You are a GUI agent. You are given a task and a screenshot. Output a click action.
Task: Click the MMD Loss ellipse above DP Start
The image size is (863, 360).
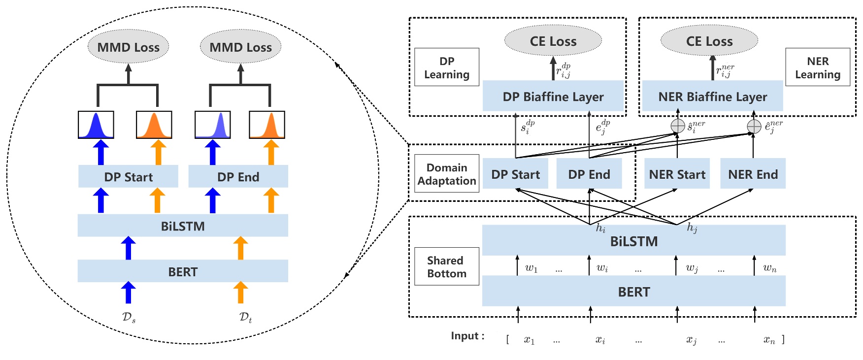coord(128,47)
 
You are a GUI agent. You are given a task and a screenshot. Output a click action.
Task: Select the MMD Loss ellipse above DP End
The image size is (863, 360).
coord(240,47)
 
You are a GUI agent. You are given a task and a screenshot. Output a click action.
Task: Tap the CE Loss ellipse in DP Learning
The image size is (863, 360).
coord(553,41)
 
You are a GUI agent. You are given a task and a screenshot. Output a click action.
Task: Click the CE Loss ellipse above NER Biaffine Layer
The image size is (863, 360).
coord(709,41)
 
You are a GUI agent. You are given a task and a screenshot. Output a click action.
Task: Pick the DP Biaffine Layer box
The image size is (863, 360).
coord(553,96)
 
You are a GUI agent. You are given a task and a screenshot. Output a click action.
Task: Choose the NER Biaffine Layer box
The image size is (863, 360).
coord(712,96)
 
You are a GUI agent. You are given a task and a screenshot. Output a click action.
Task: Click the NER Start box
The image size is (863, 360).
coord(677,174)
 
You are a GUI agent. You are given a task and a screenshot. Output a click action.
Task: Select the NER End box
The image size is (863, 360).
coord(753,174)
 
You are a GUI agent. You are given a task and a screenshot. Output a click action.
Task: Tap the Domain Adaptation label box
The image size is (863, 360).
coord(446,174)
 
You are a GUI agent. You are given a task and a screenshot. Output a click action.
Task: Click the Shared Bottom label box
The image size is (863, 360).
coord(446,266)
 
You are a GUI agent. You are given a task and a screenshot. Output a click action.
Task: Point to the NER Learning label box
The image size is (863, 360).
coord(817,67)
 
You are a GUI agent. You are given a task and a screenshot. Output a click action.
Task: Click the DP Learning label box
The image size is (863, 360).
coord(446,67)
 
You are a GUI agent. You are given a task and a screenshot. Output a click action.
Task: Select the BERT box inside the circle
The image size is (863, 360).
coord(183,271)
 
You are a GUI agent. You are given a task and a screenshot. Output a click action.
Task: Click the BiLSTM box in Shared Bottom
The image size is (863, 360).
coord(633,241)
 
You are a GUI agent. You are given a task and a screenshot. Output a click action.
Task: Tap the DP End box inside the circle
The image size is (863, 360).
coord(238,176)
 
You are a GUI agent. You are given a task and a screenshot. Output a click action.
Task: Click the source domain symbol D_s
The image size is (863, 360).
coord(129,317)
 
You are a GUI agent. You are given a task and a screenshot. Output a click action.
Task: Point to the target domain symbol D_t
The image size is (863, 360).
coord(245,317)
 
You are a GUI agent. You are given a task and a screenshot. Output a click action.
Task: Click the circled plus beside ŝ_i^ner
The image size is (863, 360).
coord(678,126)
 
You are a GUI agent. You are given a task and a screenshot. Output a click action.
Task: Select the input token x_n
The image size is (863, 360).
coord(769,339)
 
